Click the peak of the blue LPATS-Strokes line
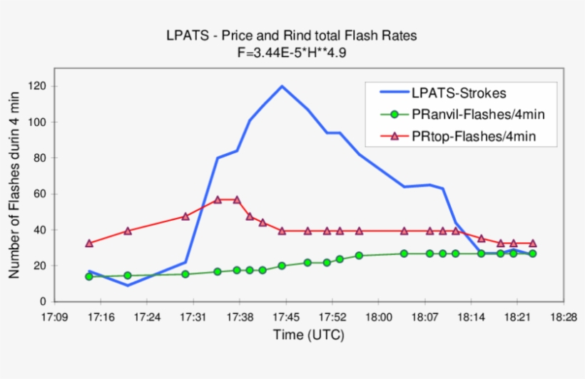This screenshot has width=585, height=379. (x=282, y=86)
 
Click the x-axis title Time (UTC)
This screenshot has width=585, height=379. (x=307, y=335)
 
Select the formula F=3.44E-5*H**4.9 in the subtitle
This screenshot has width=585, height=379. (x=293, y=51)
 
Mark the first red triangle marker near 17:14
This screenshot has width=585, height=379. (x=89, y=243)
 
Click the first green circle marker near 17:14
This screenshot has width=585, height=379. (x=89, y=276)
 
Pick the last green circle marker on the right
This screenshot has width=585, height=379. (x=532, y=254)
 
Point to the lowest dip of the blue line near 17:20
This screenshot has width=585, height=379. (x=128, y=286)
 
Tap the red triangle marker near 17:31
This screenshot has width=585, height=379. (x=185, y=216)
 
